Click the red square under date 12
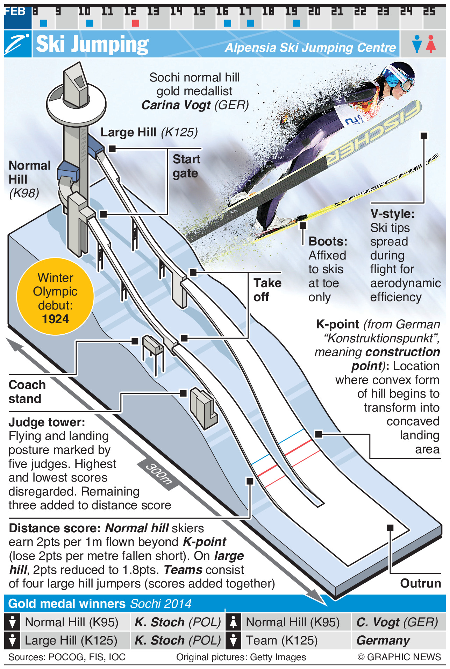[136, 23]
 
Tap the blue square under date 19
[297, 23]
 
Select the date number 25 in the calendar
[429, 12]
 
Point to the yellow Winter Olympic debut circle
[55, 296]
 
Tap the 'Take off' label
[267, 290]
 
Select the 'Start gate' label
[186, 166]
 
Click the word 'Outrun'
[420, 583]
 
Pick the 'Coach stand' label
[27, 392]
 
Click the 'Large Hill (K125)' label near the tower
[149, 132]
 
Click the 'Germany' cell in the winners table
[383, 640]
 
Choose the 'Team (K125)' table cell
[281, 640]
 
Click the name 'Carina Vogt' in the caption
[176, 105]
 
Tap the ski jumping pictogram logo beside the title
[17, 44]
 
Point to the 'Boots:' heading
[328, 241]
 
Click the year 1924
[55, 319]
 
